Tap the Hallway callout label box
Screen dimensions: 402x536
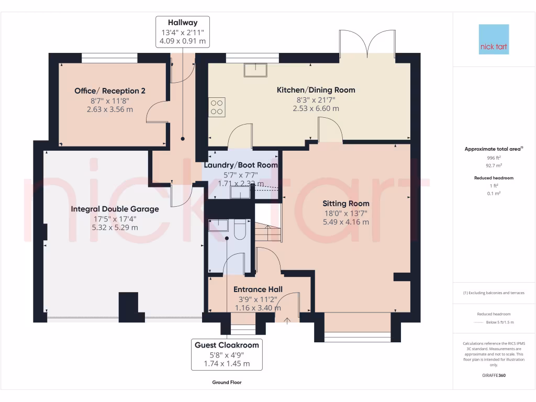point(183,31)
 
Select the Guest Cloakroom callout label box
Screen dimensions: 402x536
point(227,354)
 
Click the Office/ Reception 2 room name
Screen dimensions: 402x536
point(110,91)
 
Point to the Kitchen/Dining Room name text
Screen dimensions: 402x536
point(316,90)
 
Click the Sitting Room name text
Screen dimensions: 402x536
point(345,203)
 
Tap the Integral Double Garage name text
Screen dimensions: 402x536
point(115,209)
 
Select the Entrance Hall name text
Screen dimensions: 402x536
point(258,289)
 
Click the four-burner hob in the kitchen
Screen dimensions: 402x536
point(217,107)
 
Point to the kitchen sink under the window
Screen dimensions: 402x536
point(255,69)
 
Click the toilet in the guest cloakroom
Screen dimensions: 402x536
point(239,229)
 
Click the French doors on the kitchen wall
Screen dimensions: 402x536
point(368,44)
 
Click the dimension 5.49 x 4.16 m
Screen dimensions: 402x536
point(345,222)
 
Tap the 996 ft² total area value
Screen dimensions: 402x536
point(494,158)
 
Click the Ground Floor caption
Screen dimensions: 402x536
point(227,382)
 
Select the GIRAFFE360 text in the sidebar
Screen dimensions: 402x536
point(494,375)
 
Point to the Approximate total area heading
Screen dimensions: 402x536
point(494,149)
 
